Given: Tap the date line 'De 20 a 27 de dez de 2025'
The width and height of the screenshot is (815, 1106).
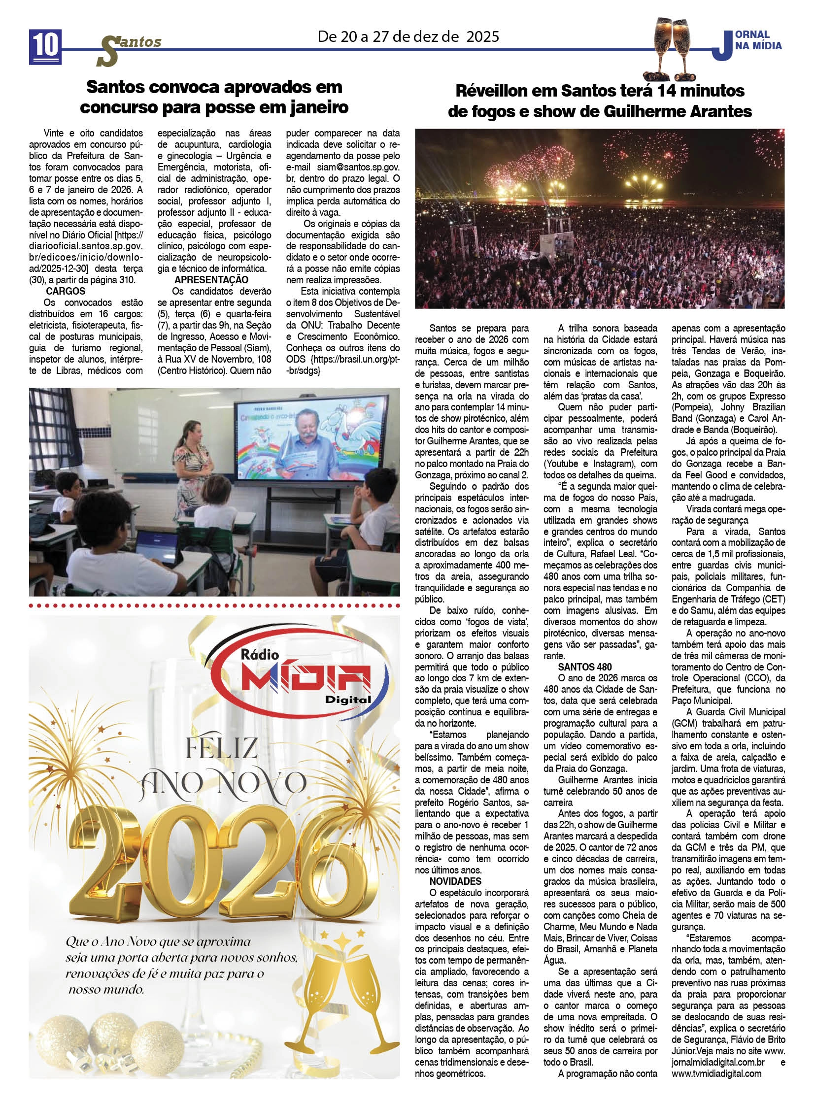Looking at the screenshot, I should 408,36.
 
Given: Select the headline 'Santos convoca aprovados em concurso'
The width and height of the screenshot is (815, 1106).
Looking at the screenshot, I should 214,97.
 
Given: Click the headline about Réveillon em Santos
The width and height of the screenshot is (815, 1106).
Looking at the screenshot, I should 599,101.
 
